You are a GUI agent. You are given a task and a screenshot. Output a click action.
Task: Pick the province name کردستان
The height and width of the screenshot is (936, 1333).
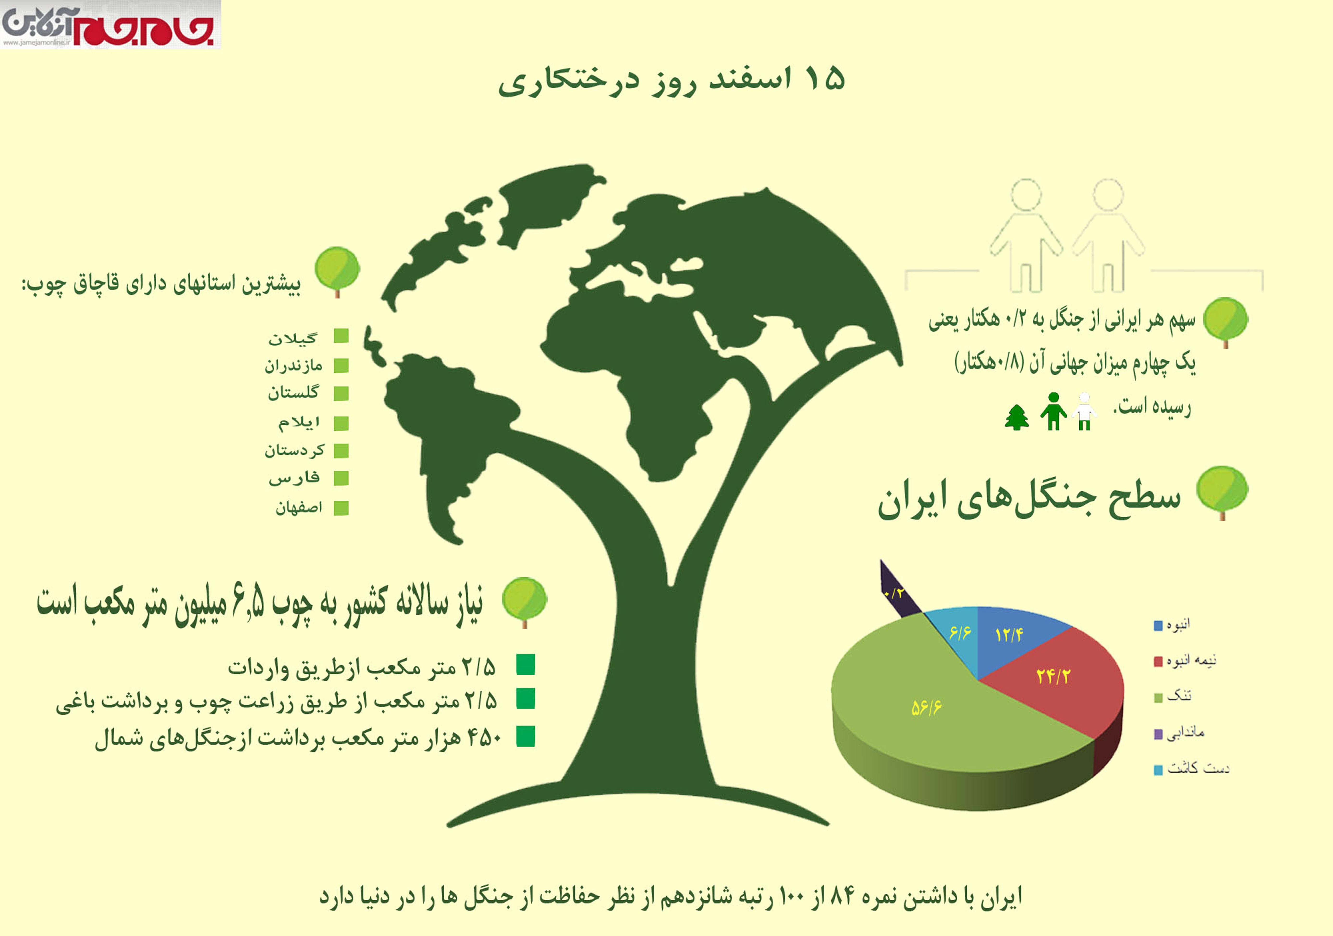(x=294, y=450)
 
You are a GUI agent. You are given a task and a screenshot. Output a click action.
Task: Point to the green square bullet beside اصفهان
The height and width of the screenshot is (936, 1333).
(x=341, y=508)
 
